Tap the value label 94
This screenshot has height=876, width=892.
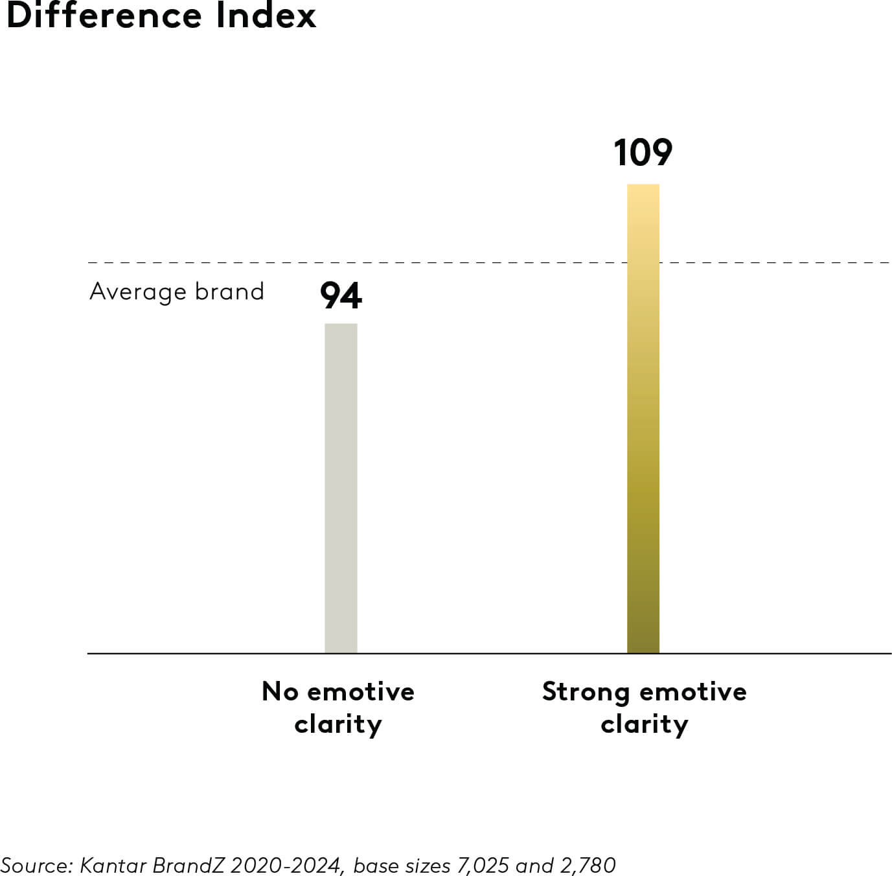[341, 296]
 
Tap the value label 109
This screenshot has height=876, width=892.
[643, 153]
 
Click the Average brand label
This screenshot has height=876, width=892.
[177, 292]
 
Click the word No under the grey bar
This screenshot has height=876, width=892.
[280, 691]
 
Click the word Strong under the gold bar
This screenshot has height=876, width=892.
[585, 691]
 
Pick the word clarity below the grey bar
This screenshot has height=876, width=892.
[338, 724]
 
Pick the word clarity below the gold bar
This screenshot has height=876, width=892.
[645, 724]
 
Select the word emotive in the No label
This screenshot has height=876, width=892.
[361, 691]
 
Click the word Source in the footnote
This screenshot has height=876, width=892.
[36, 865]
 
